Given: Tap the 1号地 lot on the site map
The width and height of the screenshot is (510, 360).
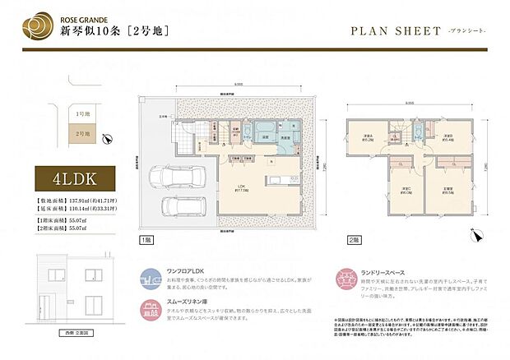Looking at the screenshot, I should [82, 114].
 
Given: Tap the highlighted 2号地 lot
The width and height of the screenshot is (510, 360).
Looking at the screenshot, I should [82, 132].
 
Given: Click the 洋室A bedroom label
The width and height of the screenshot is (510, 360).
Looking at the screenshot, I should [368, 138].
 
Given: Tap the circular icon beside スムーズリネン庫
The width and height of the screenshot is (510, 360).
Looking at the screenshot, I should [150, 309].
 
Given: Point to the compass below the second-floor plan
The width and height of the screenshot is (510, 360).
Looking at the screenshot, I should [473, 236].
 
